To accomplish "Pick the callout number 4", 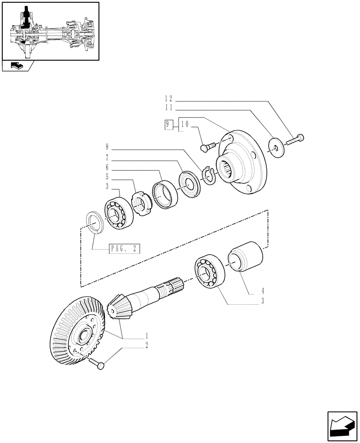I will [x=262, y=291].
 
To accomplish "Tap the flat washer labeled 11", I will [x=276, y=147].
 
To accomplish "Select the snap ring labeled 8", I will [x=209, y=175].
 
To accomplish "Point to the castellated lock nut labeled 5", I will [x=141, y=203].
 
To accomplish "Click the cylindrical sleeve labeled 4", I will [x=245, y=256].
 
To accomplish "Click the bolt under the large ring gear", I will [x=98, y=363].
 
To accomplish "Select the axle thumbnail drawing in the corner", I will [x=50, y=31].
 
